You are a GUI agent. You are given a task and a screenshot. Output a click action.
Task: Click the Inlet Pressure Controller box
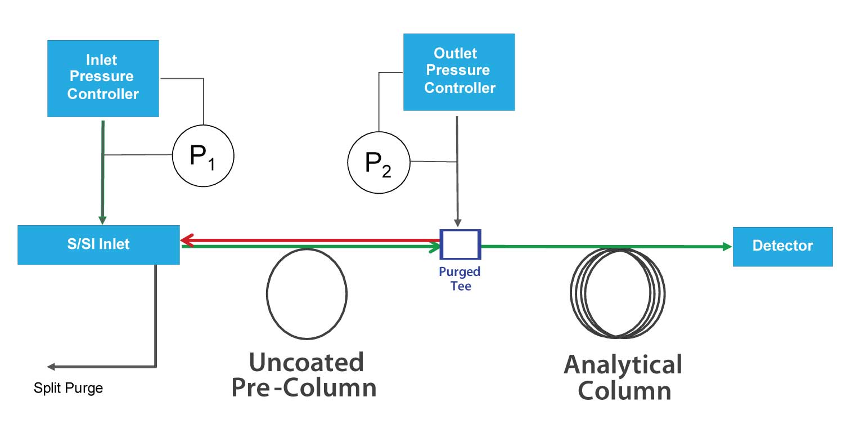(x=102, y=78)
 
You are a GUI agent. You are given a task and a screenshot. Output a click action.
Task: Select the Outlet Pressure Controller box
(x=459, y=72)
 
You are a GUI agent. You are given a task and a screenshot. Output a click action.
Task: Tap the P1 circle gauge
(x=202, y=155)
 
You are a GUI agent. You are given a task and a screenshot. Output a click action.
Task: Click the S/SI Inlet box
(x=98, y=244)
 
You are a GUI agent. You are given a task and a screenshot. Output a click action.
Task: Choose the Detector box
(x=782, y=246)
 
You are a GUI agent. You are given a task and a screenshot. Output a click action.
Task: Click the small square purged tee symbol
(x=460, y=244)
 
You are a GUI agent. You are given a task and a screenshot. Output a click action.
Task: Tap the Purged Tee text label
(x=460, y=279)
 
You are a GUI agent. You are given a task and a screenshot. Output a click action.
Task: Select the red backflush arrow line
(x=309, y=240)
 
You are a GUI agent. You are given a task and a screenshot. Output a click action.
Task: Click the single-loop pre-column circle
(x=307, y=293)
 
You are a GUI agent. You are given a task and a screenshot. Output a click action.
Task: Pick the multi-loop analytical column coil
(x=618, y=293)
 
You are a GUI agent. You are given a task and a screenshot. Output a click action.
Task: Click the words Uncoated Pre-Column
(x=304, y=375)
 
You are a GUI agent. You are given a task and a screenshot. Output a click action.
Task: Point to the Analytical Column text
(x=623, y=377)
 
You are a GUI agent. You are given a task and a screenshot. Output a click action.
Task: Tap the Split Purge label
(x=68, y=388)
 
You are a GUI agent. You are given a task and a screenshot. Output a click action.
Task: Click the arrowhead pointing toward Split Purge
(x=51, y=367)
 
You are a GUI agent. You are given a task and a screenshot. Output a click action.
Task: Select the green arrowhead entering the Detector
(x=727, y=247)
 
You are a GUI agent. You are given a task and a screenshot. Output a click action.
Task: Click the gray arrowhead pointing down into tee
(x=458, y=223)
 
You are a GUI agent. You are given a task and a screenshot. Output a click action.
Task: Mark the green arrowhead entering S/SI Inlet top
(x=102, y=220)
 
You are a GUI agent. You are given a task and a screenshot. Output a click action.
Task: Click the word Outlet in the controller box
(x=455, y=53)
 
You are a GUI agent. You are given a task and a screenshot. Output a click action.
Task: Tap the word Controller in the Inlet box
(x=102, y=94)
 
